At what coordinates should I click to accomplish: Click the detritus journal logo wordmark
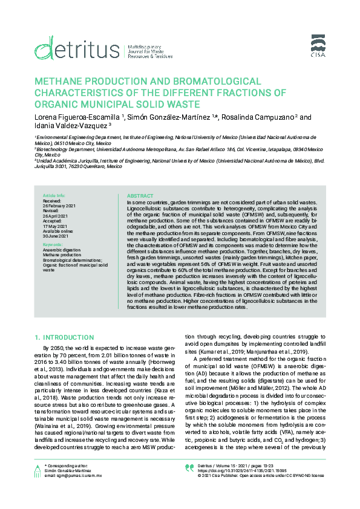pyautogui.click(x=76, y=47)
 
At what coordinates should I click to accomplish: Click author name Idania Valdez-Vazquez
pyautogui.click(x=70, y=126)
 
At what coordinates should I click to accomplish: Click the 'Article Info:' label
pyautogui.click(x=53, y=196)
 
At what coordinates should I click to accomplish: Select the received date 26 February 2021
pyautogui.click(x=59, y=205)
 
